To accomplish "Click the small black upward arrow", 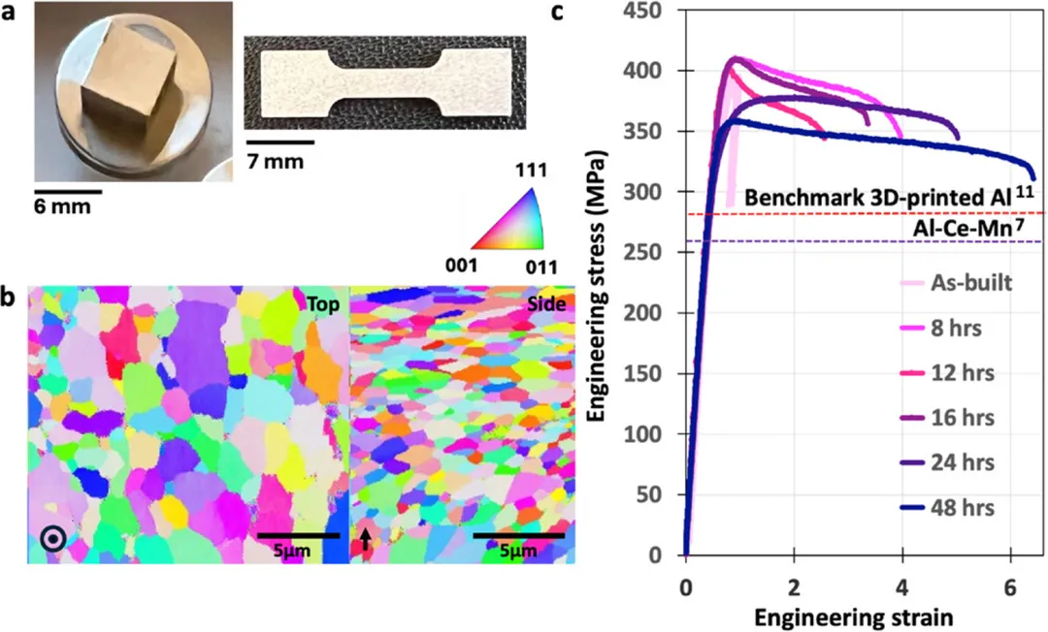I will click(x=365, y=540).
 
